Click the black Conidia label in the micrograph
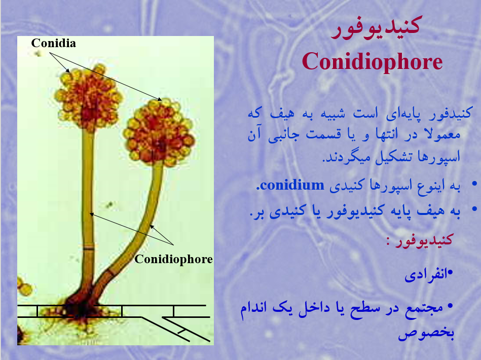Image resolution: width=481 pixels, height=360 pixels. [53, 43]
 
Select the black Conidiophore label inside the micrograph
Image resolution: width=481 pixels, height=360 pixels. [174, 259]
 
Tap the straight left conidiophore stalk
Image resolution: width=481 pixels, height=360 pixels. [88, 209]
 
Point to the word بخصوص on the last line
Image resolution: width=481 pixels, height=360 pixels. [426, 333]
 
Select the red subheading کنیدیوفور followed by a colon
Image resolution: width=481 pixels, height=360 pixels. [420, 240]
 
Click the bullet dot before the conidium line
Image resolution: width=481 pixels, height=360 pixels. [474, 184]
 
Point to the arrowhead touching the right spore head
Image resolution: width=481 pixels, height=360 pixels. [159, 99]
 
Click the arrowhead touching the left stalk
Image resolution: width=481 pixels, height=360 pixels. [91, 214]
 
